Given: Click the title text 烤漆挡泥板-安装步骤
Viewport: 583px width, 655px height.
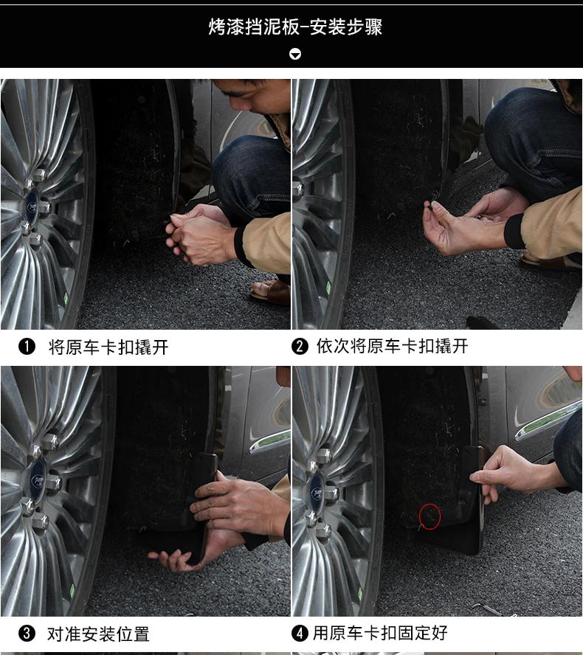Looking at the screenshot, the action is (295, 27).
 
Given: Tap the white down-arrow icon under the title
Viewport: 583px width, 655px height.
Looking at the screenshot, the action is (295, 54).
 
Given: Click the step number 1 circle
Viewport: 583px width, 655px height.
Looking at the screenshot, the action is (27, 347).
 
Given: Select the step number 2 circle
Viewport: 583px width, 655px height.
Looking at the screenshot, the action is (300, 346).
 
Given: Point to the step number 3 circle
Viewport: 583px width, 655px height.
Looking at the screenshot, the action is (27, 634).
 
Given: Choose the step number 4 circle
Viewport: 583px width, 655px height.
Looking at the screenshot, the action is (300, 633).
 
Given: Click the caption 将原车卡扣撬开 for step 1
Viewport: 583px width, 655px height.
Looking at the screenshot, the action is (108, 347).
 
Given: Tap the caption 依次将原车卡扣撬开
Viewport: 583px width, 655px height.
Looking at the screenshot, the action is (392, 346).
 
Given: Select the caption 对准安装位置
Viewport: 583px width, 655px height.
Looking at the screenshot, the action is (98, 634).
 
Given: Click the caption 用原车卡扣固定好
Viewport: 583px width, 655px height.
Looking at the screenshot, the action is (380, 633).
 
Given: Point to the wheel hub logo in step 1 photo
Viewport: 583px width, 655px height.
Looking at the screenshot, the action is (32, 207).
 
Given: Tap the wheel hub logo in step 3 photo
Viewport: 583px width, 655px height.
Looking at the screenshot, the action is (38, 480).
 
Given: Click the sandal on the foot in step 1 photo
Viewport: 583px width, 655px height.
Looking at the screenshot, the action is (272, 291).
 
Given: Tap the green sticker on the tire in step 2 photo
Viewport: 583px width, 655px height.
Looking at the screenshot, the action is (328, 288).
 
